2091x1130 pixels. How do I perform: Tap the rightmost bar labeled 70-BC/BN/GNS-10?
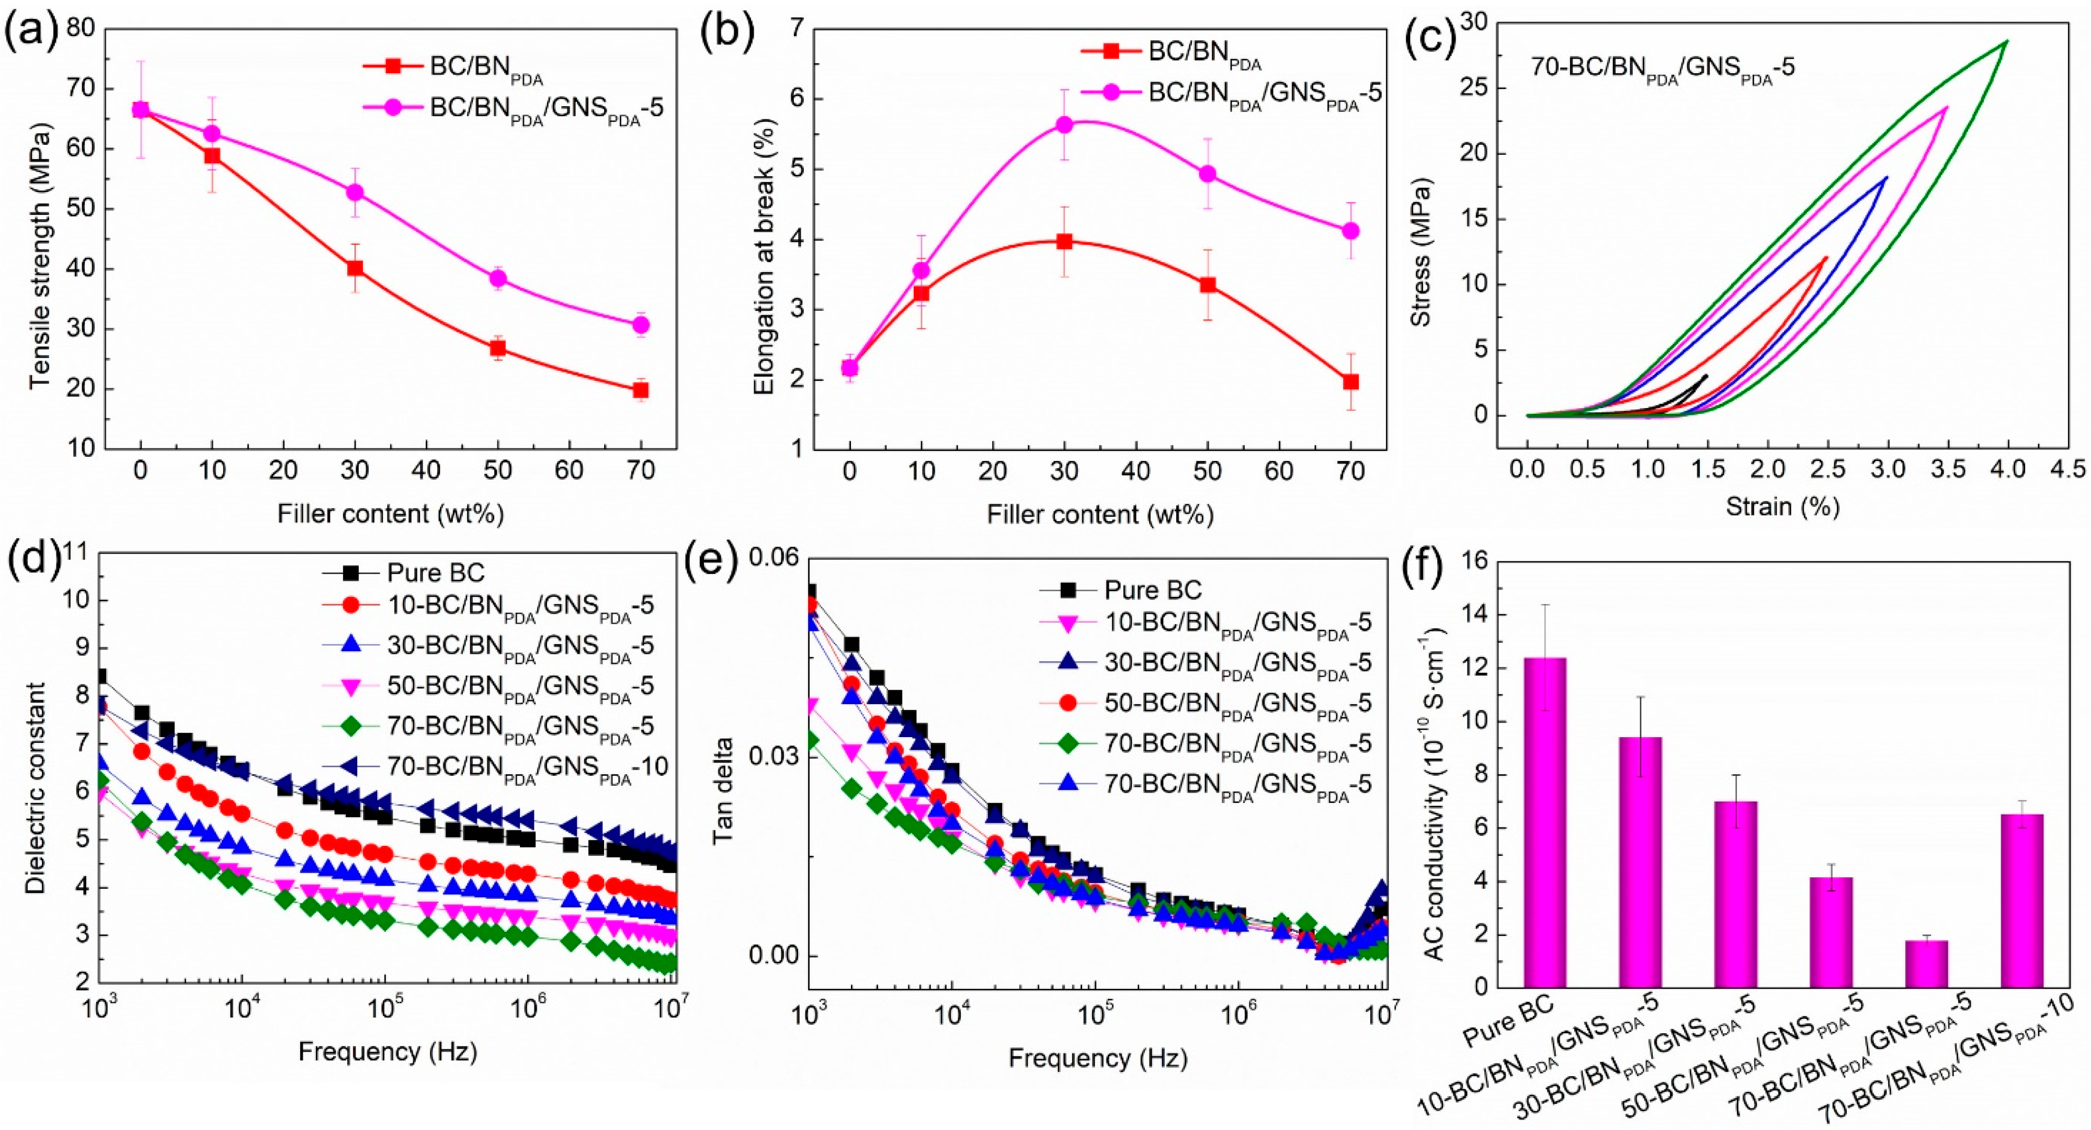pyautogui.click(x=2021, y=901)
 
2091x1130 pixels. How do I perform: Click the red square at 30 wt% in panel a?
pyautogui.click(x=355, y=268)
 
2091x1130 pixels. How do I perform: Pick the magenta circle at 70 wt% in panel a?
pyautogui.click(x=641, y=325)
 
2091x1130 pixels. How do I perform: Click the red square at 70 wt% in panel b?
pyautogui.click(x=1350, y=381)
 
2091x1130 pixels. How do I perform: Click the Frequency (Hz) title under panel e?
pyautogui.click(x=1097, y=1058)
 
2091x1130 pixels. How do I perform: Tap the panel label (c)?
pyautogui.click(x=1432, y=32)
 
